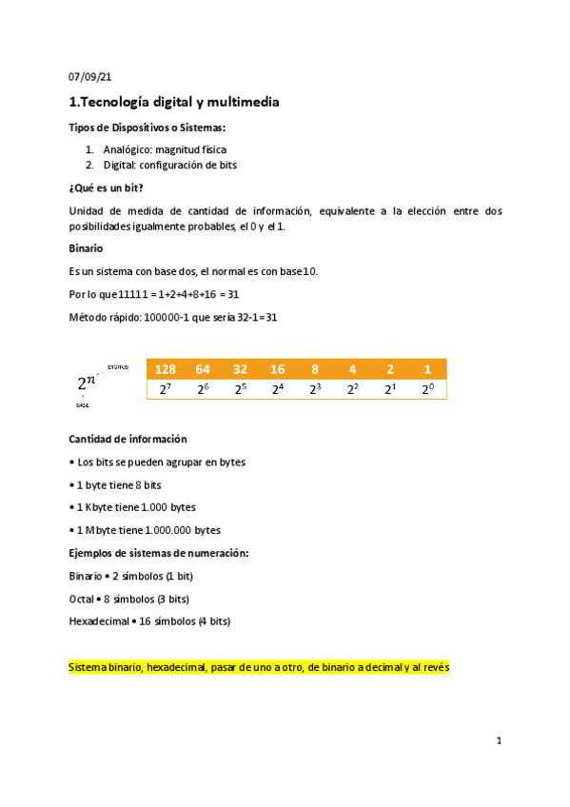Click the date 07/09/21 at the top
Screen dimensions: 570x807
pyautogui.click(x=90, y=77)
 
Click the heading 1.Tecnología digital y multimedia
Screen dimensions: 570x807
pyautogui.click(x=174, y=102)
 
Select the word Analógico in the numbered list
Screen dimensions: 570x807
pyautogui.click(x=128, y=149)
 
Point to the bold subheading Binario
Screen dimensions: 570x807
pyautogui.click(x=87, y=247)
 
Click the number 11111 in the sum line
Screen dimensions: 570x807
pyautogui.click(x=133, y=294)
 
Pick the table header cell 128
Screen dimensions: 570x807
pyautogui.click(x=166, y=369)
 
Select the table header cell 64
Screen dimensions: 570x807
pyautogui.click(x=203, y=369)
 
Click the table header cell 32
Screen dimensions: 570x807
pyautogui.click(x=241, y=369)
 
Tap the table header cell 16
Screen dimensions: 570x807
pyautogui.click(x=278, y=369)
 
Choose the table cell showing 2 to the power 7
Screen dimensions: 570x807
pyautogui.click(x=166, y=388)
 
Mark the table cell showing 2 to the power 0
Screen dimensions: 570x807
pyautogui.click(x=427, y=388)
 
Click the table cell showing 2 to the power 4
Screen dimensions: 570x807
pyautogui.click(x=278, y=388)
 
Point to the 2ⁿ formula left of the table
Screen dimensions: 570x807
pyautogui.click(x=87, y=383)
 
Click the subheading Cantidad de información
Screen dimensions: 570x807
pyautogui.click(x=128, y=439)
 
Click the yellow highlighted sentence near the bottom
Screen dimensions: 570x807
pyautogui.click(x=259, y=668)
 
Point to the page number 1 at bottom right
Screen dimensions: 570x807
pyautogui.click(x=499, y=739)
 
